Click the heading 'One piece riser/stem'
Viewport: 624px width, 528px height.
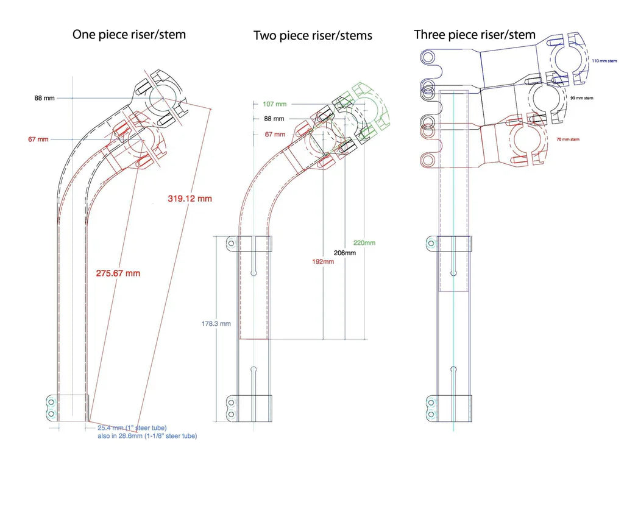click(x=129, y=35)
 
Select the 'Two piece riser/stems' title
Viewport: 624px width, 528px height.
click(x=313, y=36)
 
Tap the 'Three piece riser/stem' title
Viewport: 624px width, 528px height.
click(x=475, y=35)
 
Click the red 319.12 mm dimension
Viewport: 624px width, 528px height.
click(x=190, y=199)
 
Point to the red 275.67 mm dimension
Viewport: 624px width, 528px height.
click(x=118, y=273)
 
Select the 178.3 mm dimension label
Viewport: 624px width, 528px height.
click(x=216, y=324)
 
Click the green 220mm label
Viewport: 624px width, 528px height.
click(x=364, y=243)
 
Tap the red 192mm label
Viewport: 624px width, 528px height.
click(x=323, y=261)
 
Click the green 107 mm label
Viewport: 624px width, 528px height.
click(x=274, y=104)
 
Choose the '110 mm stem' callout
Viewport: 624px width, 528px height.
click(x=604, y=61)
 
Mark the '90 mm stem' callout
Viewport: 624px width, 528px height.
click(x=598, y=98)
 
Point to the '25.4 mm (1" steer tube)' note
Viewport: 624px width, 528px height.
click(x=132, y=428)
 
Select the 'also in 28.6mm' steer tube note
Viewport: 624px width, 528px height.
click(x=147, y=436)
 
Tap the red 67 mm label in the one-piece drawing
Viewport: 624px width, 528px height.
click(x=38, y=139)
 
